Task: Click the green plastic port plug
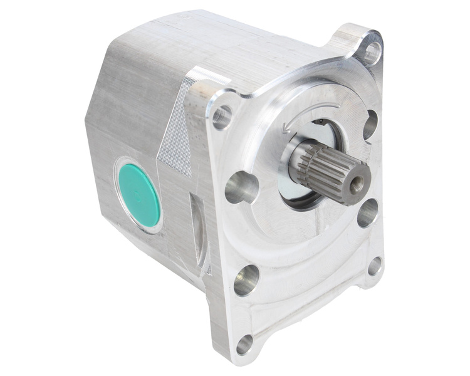click(139, 196)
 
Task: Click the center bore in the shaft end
click(357, 184)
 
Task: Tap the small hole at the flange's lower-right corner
click(374, 266)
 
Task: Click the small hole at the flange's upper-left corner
click(221, 117)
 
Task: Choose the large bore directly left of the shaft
click(241, 187)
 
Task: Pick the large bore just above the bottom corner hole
click(246, 279)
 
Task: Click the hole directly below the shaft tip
click(368, 213)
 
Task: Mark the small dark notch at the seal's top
click(319, 122)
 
